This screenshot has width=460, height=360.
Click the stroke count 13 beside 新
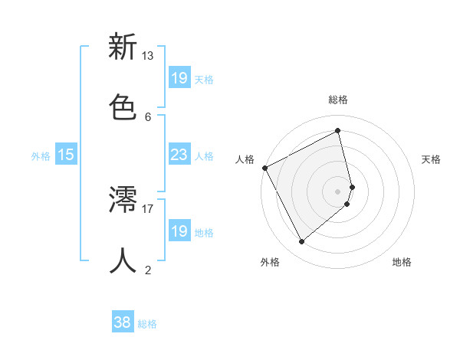point(147,56)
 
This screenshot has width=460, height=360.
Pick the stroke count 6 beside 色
point(147,116)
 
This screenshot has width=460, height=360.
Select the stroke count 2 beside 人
point(147,270)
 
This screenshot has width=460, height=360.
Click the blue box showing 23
point(179,155)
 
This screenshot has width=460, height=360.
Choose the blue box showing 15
point(66,155)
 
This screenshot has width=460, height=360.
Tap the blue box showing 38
point(123,322)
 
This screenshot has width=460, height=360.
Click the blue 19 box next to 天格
point(179,77)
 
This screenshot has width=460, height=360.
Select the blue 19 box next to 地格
point(179,231)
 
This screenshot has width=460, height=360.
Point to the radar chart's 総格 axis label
point(338,100)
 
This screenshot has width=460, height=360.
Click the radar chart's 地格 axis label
point(402,262)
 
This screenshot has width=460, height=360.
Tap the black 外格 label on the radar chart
point(270,262)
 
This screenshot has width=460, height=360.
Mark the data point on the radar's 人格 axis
point(264,168)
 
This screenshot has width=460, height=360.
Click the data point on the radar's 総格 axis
point(338,130)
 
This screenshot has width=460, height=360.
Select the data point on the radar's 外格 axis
point(301,242)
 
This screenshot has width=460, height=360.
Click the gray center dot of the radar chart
point(338,191)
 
